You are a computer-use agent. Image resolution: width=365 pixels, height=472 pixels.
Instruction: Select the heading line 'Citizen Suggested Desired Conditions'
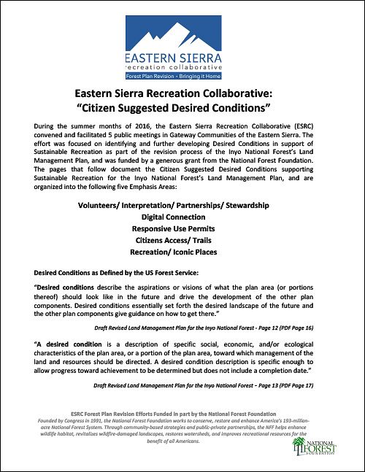(182, 109)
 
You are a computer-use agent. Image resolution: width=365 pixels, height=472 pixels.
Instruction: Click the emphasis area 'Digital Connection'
(182, 217)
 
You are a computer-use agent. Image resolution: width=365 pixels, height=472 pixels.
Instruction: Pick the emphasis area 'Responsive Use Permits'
(182, 229)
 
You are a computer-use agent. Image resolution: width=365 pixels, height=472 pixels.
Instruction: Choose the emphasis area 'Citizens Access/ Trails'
(182, 241)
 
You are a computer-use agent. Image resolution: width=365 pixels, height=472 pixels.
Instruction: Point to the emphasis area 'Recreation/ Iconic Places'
(182, 252)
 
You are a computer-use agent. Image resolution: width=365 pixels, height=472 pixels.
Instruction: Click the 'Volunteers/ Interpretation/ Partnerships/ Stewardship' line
(182, 205)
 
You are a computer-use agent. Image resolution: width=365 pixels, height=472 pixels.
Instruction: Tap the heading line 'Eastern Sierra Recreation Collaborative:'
(182, 95)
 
